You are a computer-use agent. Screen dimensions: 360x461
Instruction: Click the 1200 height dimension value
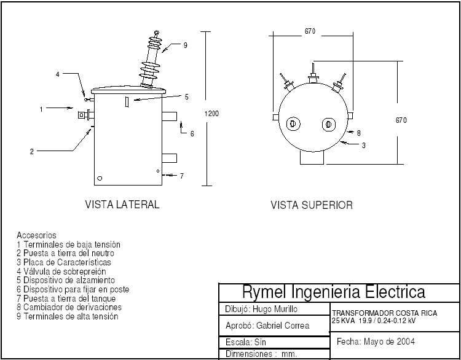(x=211, y=114)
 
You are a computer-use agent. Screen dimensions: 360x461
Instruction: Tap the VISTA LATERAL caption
(x=122, y=205)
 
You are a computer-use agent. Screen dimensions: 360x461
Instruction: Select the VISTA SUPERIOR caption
(x=312, y=205)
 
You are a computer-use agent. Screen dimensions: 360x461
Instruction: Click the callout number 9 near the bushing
(x=185, y=45)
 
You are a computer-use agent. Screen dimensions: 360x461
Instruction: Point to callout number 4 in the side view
(x=58, y=74)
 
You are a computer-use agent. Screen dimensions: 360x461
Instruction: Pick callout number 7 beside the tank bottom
(x=182, y=176)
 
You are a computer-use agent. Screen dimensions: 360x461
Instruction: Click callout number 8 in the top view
(x=358, y=133)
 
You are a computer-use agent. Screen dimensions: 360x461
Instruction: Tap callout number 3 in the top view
(x=364, y=146)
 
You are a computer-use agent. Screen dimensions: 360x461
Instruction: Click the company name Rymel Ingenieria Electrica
(x=334, y=291)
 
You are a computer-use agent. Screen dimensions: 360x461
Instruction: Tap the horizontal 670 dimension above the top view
(x=310, y=32)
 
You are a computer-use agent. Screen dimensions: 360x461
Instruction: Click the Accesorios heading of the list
(x=36, y=235)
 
